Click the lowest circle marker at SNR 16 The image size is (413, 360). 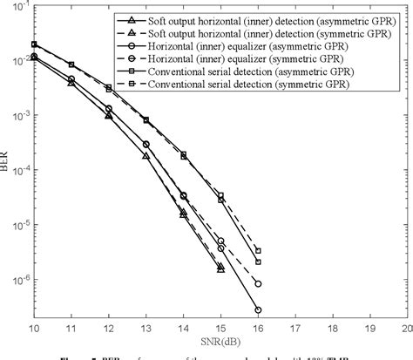258,309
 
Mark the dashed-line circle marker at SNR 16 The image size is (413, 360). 258,283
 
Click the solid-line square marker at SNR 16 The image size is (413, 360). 258,250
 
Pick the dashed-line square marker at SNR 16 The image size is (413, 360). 258,262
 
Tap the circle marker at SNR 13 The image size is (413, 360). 146,144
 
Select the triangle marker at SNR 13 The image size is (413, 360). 146,155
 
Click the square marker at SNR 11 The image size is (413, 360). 71,65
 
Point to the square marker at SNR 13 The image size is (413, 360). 146,119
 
